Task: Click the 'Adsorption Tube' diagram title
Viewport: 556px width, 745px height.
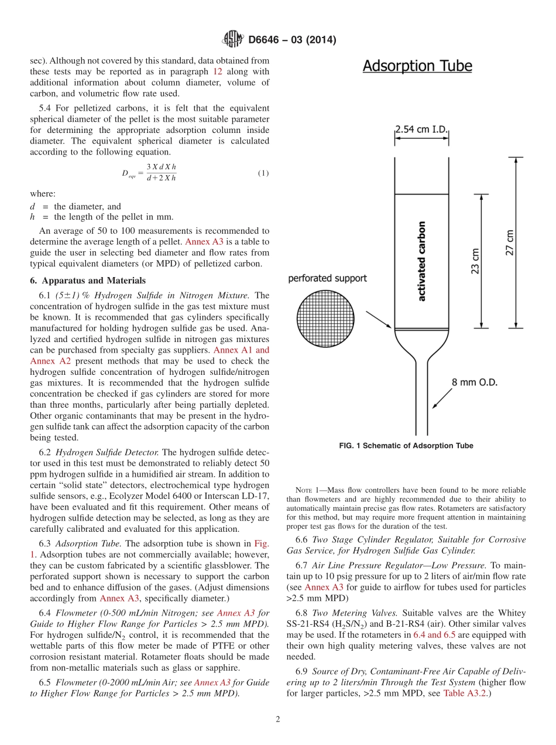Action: click(417, 66)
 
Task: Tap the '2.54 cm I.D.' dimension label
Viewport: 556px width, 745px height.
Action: click(421, 129)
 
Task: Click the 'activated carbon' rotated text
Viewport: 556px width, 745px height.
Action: click(422, 261)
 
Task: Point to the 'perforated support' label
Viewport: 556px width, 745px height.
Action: click(327, 278)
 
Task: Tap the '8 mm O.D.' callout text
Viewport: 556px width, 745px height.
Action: click(475, 382)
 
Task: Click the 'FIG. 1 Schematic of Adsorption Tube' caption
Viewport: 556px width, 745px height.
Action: click(406, 446)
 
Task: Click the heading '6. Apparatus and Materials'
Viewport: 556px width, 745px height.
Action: click(88, 281)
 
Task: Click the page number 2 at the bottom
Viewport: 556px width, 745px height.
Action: click(278, 720)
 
